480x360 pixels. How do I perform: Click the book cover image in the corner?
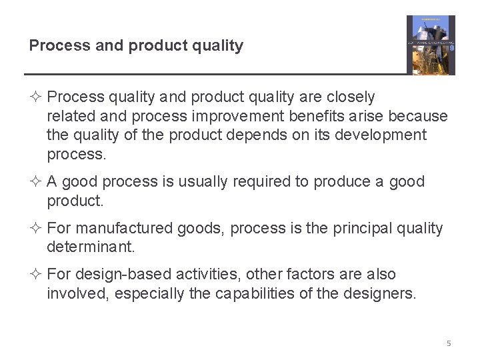click(x=431, y=45)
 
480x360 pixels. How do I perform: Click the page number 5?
click(x=449, y=343)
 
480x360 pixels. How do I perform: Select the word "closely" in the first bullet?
click(x=351, y=97)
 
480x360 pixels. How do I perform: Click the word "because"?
click(x=418, y=116)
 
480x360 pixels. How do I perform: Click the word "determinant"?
click(x=90, y=247)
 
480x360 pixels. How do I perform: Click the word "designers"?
click(x=383, y=293)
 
